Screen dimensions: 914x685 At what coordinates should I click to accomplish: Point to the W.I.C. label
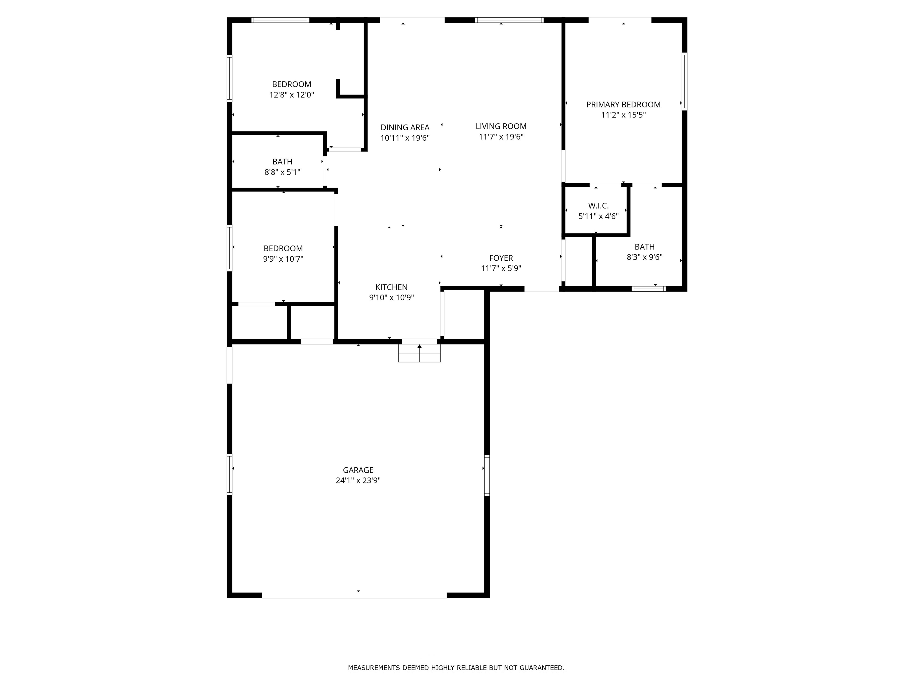click(x=598, y=206)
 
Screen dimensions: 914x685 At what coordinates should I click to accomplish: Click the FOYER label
click(x=501, y=258)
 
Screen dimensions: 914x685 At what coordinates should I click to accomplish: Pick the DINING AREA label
click(x=405, y=128)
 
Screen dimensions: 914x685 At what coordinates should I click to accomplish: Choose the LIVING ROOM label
click(x=501, y=126)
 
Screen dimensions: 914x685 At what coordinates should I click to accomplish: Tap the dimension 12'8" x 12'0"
click(x=292, y=95)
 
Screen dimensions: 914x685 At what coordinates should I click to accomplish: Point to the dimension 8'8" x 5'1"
click(x=282, y=172)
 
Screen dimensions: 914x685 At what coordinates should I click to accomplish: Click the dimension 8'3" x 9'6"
click(x=645, y=257)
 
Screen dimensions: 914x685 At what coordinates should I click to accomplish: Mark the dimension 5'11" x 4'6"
click(x=598, y=216)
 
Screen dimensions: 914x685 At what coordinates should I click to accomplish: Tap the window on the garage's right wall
click(x=487, y=475)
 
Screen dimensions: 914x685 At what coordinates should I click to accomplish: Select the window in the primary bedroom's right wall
click(x=684, y=81)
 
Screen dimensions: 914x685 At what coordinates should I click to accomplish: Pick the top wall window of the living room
click(x=509, y=20)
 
